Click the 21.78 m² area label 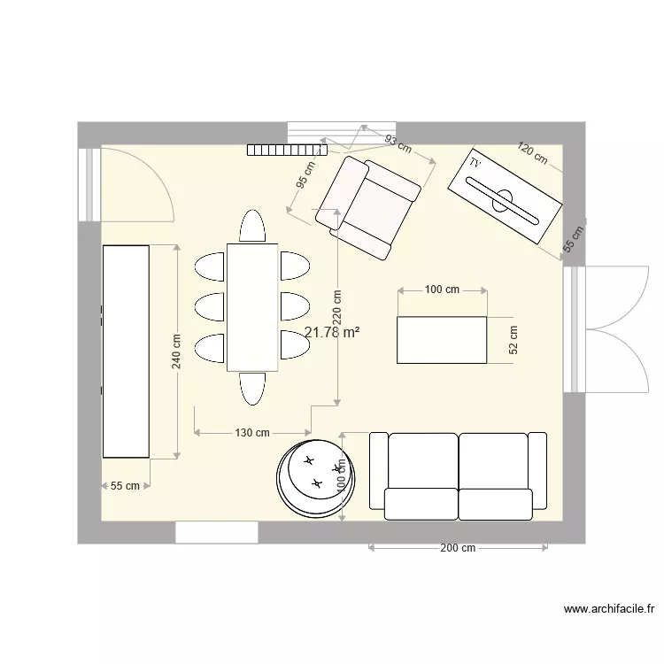pos(331,333)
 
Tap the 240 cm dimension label pos(176,352)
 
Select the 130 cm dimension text pos(252,433)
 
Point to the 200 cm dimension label pos(457,548)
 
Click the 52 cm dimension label pos(513,340)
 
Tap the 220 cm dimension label pos(337,308)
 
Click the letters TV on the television pos(475,165)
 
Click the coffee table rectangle pos(442,340)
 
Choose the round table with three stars pos(316,476)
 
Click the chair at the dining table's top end pos(252,226)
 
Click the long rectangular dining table pos(252,307)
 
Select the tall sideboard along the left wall pos(126,351)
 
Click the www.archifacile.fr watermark pos(609,609)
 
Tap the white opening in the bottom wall pos(216,532)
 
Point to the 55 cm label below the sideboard pos(125,485)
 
